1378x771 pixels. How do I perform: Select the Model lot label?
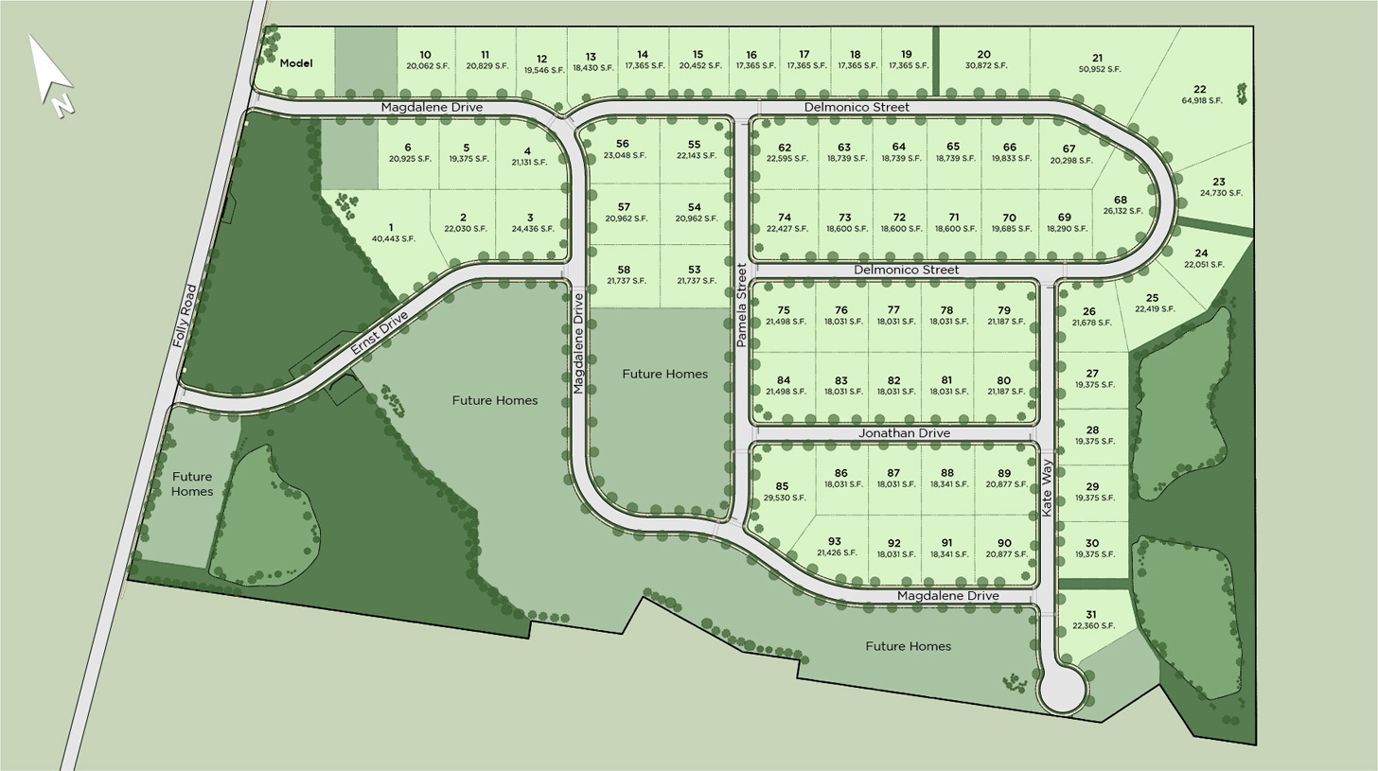[x=295, y=63]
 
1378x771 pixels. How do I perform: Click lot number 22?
[x=1200, y=89]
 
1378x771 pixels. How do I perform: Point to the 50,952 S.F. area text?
[x=1099, y=69]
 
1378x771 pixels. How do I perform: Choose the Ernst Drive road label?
[x=379, y=333]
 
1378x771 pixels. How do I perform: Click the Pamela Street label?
[x=742, y=304]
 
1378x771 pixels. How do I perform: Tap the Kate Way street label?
[x=1047, y=486]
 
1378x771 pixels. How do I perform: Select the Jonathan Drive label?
[x=904, y=433]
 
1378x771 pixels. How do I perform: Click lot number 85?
[x=782, y=486]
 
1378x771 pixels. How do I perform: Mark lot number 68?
[x=1120, y=200]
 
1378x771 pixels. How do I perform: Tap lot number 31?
[x=1090, y=614]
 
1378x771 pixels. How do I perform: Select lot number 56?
[x=622, y=144]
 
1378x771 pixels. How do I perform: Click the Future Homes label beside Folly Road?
[x=192, y=483]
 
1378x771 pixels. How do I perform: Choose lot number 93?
[x=834, y=541]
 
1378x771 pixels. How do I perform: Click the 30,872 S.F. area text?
[x=985, y=65]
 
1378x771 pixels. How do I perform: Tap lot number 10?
[x=425, y=55]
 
